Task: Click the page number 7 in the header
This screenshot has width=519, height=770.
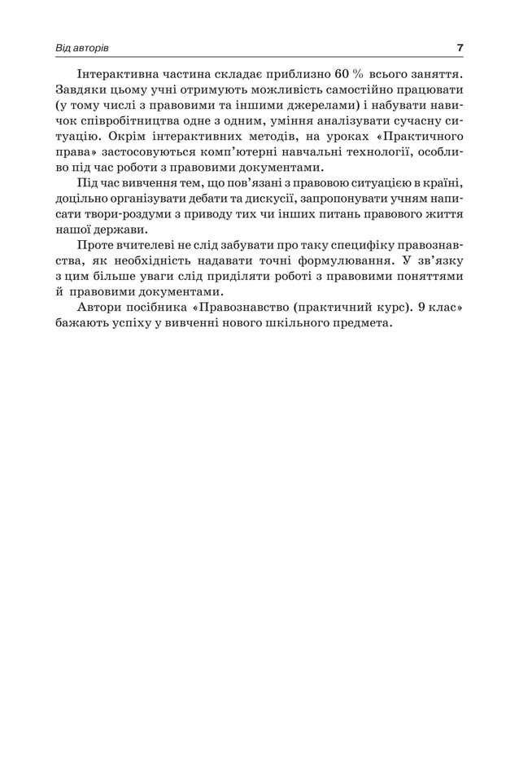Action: point(460,48)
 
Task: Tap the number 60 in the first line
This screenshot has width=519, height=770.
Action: point(342,72)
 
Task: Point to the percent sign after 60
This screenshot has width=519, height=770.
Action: point(358,72)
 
